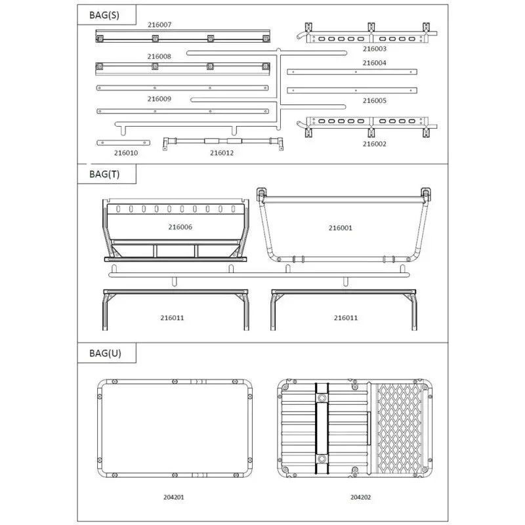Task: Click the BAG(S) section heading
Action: coord(104,15)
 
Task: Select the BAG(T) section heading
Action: coord(104,174)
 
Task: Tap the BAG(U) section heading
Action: coord(105,353)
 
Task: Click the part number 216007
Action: coord(159,25)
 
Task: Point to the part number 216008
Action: coord(159,56)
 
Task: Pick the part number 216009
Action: coord(159,99)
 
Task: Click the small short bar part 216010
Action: coord(123,142)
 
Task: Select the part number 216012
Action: coord(222,153)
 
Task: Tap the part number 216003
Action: coord(374,49)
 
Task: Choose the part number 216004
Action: coord(374,63)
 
